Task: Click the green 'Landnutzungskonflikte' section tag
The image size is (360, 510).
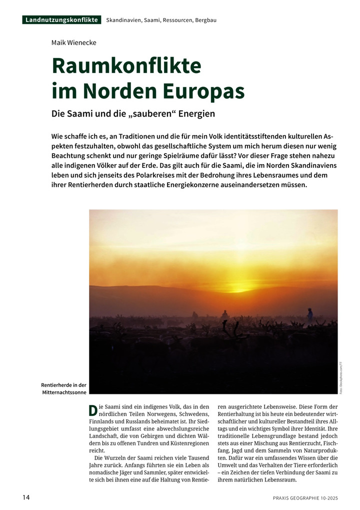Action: pyautogui.click(x=61, y=20)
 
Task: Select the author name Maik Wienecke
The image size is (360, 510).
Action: pyautogui.click(x=74, y=43)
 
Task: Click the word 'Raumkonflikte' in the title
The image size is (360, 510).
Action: pyautogui.click(x=126, y=66)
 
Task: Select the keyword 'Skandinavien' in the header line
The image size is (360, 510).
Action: pyautogui.click(x=123, y=20)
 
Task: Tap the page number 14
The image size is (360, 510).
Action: pyautogui.click(x=26, y=497)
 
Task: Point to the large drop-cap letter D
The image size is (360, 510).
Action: pyautogui.click(x=92, y=410)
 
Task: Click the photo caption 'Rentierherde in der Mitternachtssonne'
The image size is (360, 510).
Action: pyautogui.click(x=64, y=388)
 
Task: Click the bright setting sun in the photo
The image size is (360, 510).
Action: pyautogui.click(x=239, y=288)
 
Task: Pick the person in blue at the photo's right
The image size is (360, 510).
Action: pyautogui.click(x=310, y=315)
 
